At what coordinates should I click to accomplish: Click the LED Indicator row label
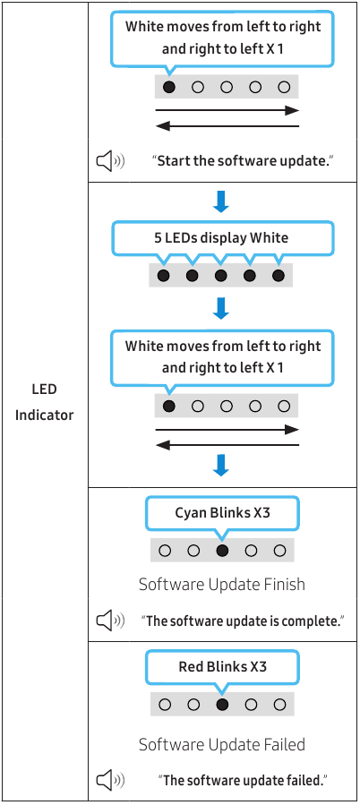pyautogui.click(x=44, y=402)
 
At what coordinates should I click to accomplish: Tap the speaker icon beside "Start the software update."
pyautogui.click(x=110, y=161)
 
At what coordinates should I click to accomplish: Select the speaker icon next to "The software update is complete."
pyautogui.click(x=110, y=621)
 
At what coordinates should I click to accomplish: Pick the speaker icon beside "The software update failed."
pyautogui.click(x=110, y=781)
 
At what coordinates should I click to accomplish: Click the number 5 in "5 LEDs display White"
pyautogui.click(x=157, y=237)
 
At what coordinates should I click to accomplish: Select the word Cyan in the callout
pyautogui.click(x=191, y=513)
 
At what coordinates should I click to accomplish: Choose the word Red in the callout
pyautogui.click(x=191, y=667)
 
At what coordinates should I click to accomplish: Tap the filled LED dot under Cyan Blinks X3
pyautogui.click(x=222, y=551)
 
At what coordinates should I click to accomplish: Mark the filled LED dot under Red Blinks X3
pyautogui.click(x=222, y=705)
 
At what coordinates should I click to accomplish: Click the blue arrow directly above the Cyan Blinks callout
pyautogui.click(x=221, y=465)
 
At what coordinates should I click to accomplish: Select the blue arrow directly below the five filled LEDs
pyautogui.click(x=221, y=309)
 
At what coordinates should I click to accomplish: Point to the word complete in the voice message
pyautogui.click(x=314, y=621)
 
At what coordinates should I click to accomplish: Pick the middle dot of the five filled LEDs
pyautogui.click(x=221, y=276)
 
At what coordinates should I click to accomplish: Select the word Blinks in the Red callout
pyautogui.click(x=226, y=667)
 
